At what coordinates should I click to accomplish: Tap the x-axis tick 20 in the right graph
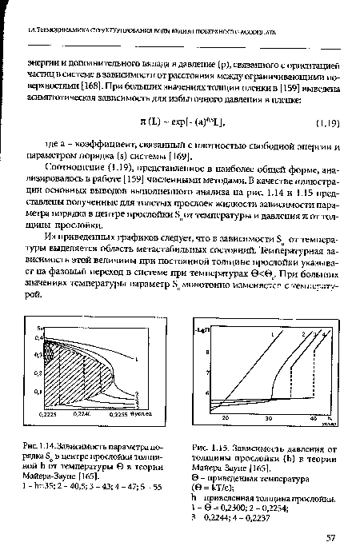click(226, 417)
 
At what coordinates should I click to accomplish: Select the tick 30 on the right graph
click(269, 417)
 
